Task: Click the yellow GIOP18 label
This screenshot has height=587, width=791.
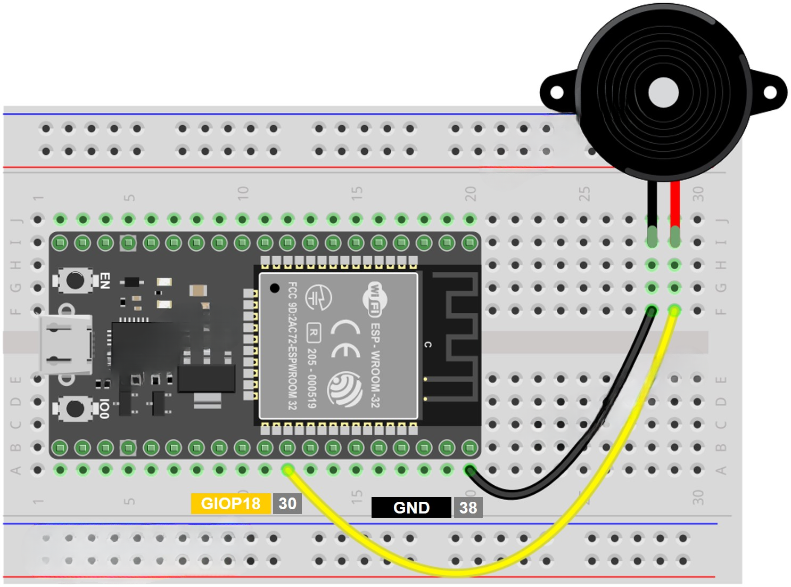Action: click(x=230, y=503)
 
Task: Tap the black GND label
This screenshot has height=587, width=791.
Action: click(x=411, y=508)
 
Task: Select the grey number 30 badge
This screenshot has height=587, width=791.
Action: click(x=287, y=503)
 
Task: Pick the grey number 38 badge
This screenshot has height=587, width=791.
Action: click(x=468, y=508)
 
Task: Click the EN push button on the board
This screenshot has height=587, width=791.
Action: click(x=75, y=280)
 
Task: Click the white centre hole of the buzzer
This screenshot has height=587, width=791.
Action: click(x=663, y=92)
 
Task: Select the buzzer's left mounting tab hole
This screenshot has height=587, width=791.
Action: click(x=556, y=93)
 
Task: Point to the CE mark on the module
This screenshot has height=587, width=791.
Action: click(x=345, y=339)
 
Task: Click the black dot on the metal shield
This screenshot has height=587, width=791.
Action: click(x=275, y=288)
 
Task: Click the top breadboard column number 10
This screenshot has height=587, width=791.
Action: click(x=243, y=193)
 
